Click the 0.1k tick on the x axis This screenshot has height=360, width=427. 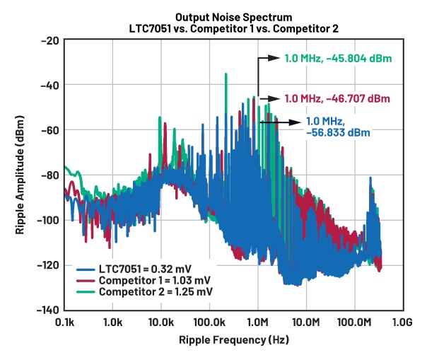tap(65, 323)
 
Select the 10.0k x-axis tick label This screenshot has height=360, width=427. tap(160, 323)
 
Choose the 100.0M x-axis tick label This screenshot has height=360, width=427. tap(354, 323)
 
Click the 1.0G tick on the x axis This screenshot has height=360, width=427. tap(402, 323)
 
